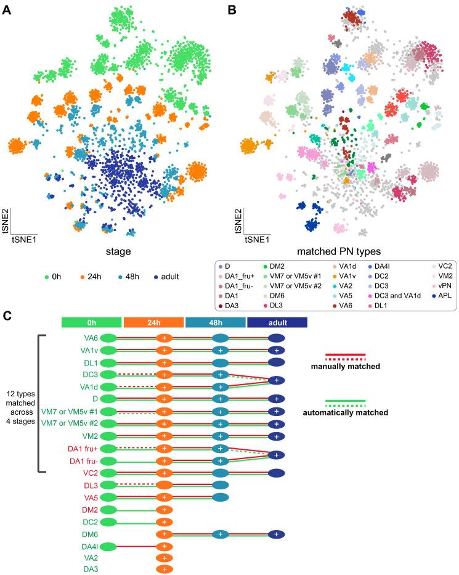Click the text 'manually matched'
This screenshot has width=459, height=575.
[346, 367]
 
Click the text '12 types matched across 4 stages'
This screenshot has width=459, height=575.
[22, 405]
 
